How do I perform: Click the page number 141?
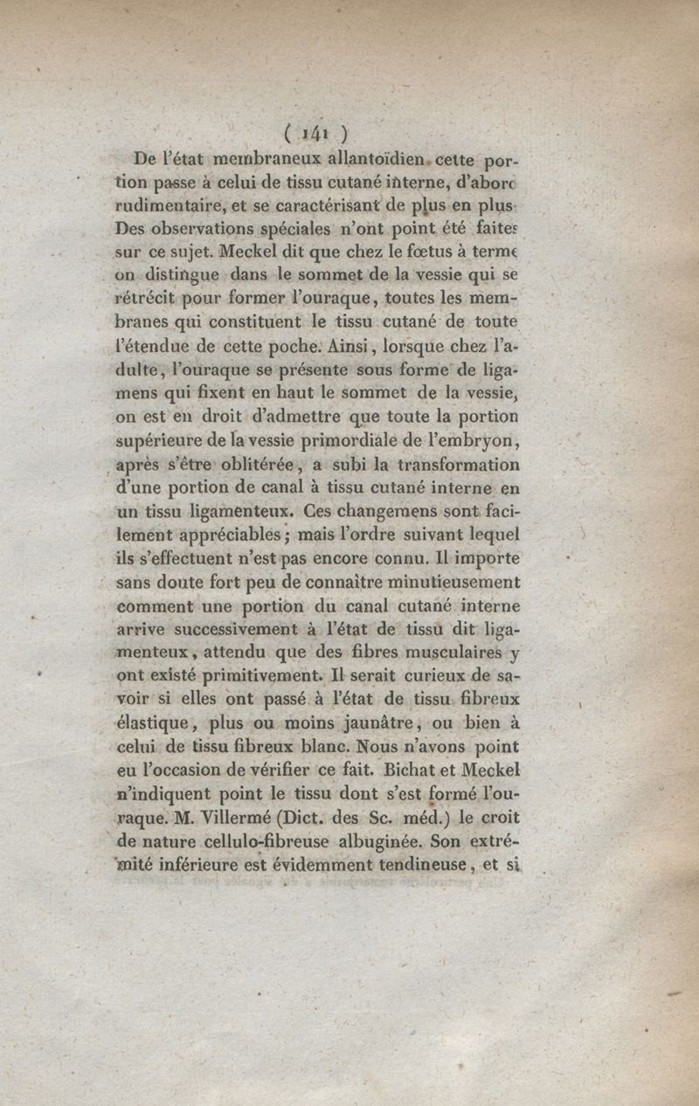click(x=316, y=134)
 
